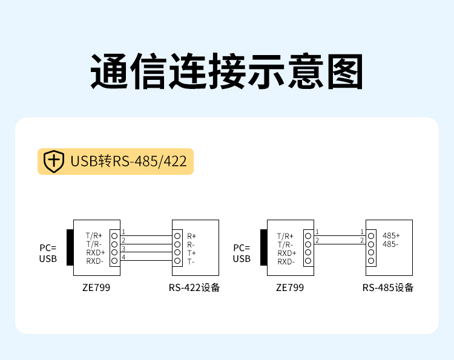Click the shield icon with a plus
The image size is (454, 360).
[53, 161]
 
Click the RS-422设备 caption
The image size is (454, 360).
[194, 287]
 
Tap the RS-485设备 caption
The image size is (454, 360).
[388, 287]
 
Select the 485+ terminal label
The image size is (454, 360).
[391, 235]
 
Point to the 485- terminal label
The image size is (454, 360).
[390, 244]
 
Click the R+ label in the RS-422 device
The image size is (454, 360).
[191, 237]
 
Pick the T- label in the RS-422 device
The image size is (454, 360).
[191, 262]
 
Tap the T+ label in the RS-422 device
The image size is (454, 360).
[191, 254]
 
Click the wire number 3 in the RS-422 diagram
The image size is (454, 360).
[123, 249]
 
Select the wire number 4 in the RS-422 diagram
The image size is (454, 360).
[123, 257]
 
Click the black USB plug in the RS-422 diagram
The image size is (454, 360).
[70, 247]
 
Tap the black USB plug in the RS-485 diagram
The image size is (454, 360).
[264, 247]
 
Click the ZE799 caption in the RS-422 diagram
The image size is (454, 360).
[96, 287]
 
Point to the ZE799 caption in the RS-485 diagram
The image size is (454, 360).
[290, 287]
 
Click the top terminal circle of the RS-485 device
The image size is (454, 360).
[371, 236]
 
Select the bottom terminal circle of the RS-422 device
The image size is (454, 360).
[177, 261]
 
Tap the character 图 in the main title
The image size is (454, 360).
[345, 71]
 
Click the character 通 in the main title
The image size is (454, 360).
[109, 71]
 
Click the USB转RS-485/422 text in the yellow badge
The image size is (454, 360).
[128, 161]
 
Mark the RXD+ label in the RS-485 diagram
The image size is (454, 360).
[287, 254]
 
